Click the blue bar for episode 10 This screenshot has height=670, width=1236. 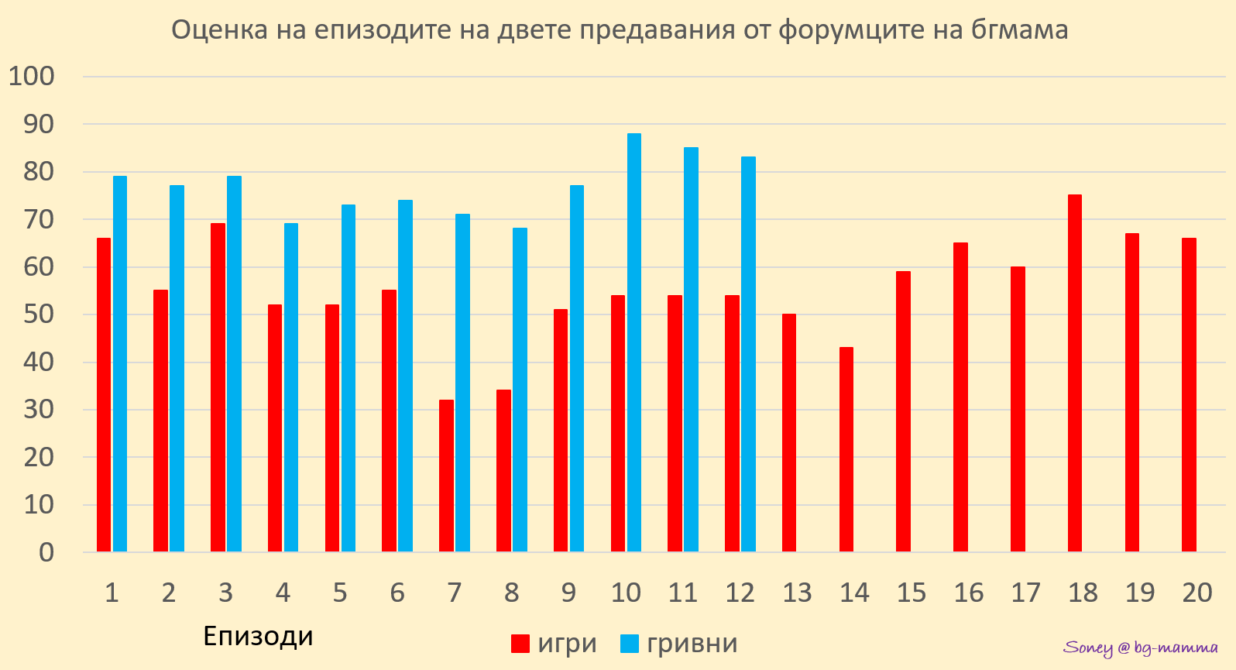pyautogui.click(x=634, y=342)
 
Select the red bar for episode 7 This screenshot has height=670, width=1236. pyautogui.click(x=446, y=476)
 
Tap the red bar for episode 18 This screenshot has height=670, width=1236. pyautogui.click(x=1075, y=373)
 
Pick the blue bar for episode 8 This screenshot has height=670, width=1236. pyautogui.click(x=520, y=390)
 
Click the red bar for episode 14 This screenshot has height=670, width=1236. pyautogui.click(x=846, y=449)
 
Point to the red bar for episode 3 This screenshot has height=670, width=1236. pyautogui.click(x=218, y=387)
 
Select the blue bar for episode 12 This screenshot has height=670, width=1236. pyautogui.click(x=748, y=354)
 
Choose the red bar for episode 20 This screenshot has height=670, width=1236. pyautogui.click(x=1189, y=395)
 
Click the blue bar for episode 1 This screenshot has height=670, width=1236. pyautogui.click(x=120, y=364)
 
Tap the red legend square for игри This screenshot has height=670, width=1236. pyautogui.click(x=520, y=644)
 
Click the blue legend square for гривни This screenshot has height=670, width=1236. pyautogui.click(x=630, y=644)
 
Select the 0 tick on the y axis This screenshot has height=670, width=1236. pyautogui.click(x=46, y=552)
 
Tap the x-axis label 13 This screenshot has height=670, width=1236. pyautogui.click(x=797, y=593)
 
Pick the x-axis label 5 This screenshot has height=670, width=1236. pyautogui.click(x=340, y=593)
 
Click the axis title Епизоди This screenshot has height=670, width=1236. pyautogui.click(x=258, y=636)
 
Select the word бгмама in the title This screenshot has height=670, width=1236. pyautogui.click(x=1017, y=30)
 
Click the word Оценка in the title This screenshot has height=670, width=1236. pyautogui.click(x=208, y=30)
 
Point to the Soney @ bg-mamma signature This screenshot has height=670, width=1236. pyautogui.click(x=1141, y=648)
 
